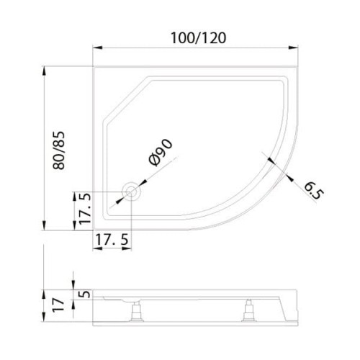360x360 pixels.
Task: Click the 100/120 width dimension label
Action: pos(197,38)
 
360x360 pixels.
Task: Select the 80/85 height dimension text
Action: pos(63,149)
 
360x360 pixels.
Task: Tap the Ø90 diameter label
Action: pos(162,153)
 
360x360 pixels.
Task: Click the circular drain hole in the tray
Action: pos(132,192)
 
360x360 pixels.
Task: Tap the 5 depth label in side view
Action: pos(86,294)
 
